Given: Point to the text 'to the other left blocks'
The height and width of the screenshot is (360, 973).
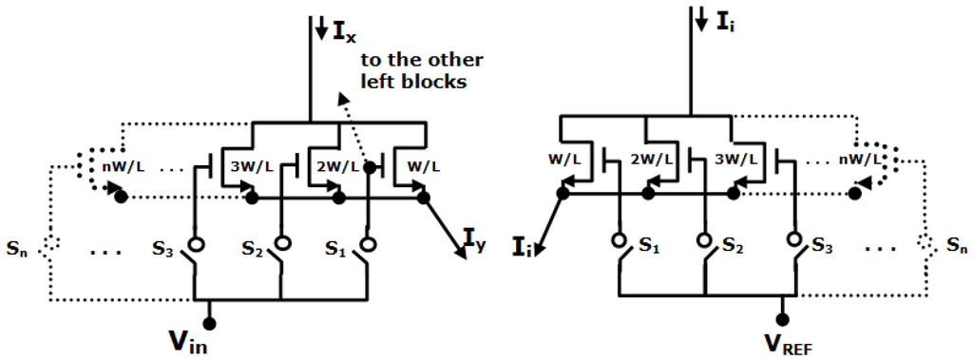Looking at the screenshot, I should point(420,71).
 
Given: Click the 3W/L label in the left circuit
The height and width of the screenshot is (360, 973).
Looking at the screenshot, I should point(252,168).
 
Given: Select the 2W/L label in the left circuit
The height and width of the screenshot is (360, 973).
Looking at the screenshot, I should point(340,168).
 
